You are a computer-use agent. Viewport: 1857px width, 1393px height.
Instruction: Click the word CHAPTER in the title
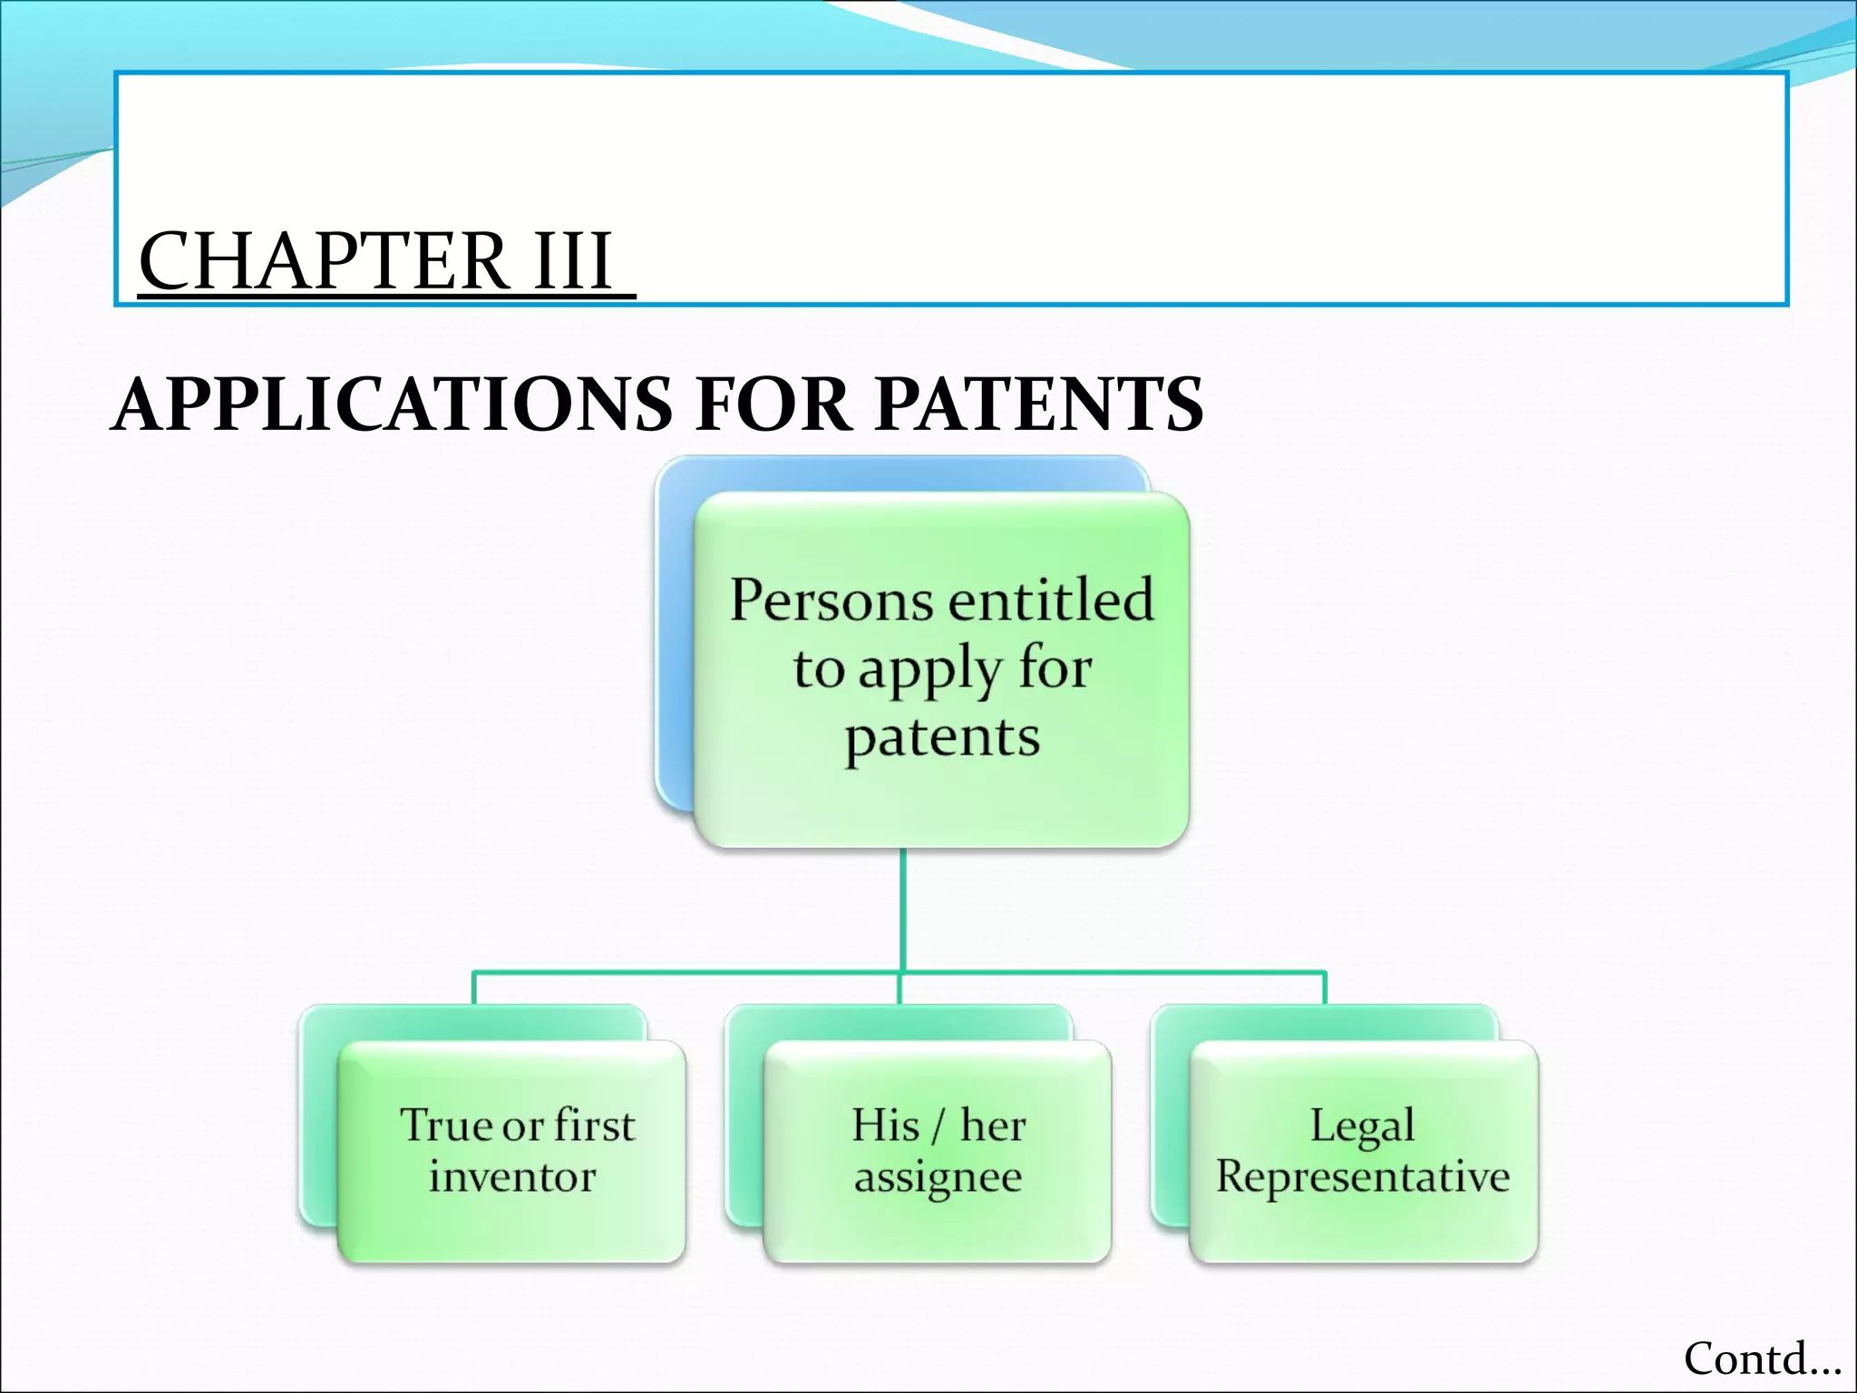(x=323, y=261)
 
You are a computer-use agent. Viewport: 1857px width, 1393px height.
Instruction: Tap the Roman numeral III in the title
(x=573, y=261)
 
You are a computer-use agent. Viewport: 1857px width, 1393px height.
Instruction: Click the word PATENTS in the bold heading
(x=1039, y=404)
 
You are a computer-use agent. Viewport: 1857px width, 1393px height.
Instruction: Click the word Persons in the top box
(x=831, y=600)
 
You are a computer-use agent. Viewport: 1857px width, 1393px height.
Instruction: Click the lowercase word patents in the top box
(x=942, y=738)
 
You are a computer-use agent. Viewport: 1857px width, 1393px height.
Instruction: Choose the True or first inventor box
(x=511, y=1150)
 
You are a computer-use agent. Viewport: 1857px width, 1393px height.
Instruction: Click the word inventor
(x=512, y=1177)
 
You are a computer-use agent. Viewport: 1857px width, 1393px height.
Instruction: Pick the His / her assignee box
(x=938, y=1150)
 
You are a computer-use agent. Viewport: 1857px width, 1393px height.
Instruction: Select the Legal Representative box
(x=1363, y=1150)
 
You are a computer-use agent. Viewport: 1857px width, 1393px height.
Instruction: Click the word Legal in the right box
(x=1362, y=1126)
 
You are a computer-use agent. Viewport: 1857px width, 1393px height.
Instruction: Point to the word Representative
(x=1363, y=1177)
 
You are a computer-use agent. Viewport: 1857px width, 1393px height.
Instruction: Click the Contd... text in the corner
(x=1762, y=1359)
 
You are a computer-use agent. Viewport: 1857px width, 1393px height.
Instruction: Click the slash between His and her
(x=939, y=1126)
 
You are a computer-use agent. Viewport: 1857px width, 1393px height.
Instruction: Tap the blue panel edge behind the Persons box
(x=673, y=635)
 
